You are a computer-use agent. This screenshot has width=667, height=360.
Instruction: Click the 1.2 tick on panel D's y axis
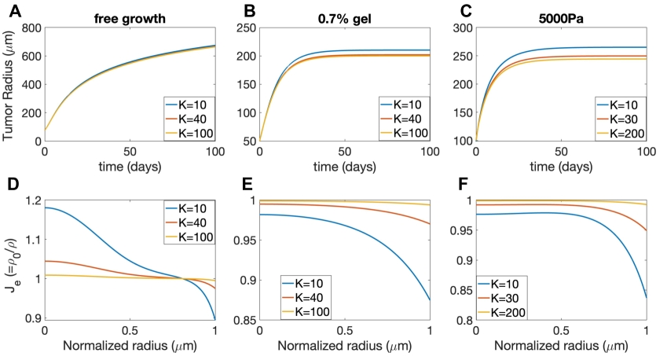[x=32, y=200]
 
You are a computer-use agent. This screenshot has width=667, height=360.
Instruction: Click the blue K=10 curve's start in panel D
[x=45, y=208]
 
